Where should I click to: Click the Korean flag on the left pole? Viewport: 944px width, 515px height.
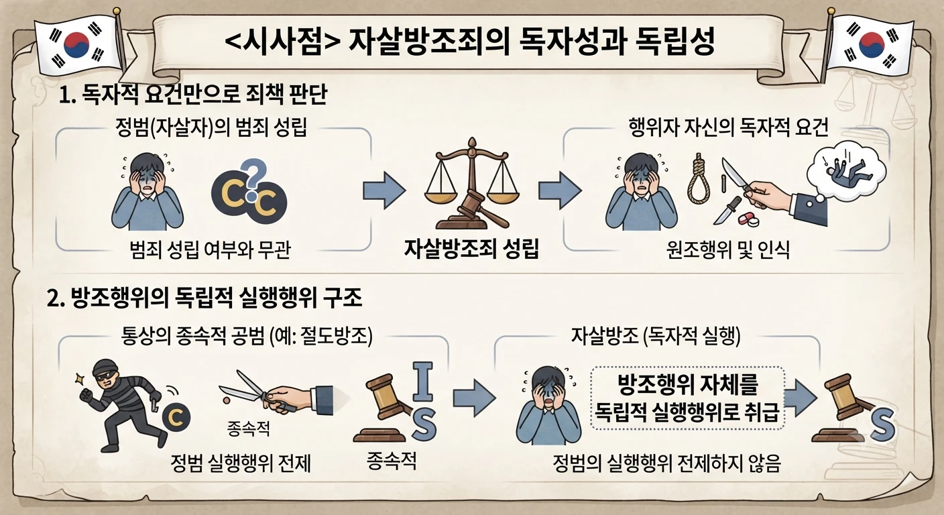[x=76, y=46]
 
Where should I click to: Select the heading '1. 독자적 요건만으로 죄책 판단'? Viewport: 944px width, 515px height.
[x=193, y=95]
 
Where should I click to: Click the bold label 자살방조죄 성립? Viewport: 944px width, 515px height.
[x=471, y=248]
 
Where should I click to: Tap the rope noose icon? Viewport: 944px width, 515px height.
[x=699, y=183]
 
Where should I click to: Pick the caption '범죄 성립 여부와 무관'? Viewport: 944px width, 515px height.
[x=211, y=250]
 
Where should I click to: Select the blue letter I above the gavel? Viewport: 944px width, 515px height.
[x=422, y=382]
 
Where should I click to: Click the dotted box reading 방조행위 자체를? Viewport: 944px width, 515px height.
[x=688, y=398]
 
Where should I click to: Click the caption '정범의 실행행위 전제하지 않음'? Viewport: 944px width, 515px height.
[x=666, y=463]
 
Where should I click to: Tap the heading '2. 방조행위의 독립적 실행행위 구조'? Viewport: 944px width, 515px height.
[x=204, y=298]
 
